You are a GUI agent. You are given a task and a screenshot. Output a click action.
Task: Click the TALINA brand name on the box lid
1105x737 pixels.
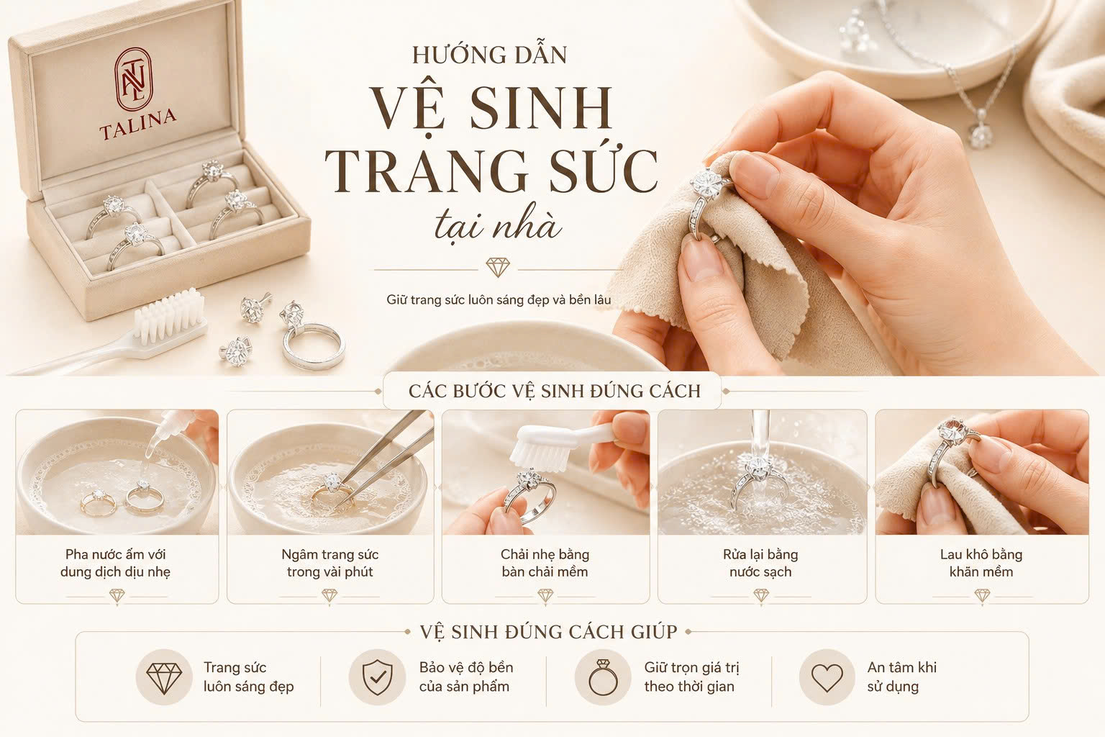pos(137,123)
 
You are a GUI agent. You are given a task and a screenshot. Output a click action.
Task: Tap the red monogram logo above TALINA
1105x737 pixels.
pos(134,79)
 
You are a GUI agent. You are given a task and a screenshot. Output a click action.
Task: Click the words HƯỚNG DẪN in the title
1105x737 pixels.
pos(489,55)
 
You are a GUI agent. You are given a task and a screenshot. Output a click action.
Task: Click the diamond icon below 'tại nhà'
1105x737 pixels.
pos(498,267)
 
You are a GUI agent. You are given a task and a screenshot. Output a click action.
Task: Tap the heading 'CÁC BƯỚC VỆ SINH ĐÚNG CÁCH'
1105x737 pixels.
pos(555,391)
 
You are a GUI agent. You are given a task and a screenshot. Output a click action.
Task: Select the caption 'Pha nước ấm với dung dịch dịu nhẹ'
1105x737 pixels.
pos(116,563)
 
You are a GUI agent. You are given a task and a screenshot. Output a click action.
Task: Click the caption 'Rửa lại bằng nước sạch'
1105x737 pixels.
pos(760,563)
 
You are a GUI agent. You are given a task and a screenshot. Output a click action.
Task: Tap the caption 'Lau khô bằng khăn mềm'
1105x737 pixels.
pos(981,563)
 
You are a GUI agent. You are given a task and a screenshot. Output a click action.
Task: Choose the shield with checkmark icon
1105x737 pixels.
pos(378,677)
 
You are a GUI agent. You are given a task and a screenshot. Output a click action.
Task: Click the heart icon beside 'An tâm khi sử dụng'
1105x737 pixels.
pos(827,678)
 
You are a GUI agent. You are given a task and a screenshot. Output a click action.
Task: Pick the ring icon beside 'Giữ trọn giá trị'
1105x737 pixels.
pos(603,677)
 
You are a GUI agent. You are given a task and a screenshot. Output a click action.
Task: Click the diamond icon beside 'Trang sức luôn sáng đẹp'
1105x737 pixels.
pos(164,677)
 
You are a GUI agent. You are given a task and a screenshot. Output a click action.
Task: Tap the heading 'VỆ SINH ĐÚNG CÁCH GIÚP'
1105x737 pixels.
pos(549,632)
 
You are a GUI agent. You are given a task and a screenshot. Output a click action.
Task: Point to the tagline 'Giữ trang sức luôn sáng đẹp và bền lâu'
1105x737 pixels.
pos(499,299)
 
